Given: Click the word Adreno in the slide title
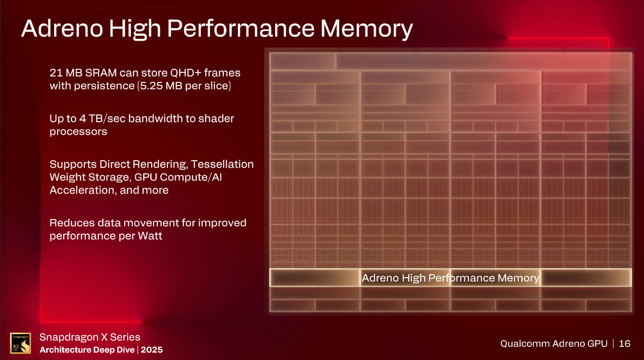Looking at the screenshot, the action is (x=61, y=29).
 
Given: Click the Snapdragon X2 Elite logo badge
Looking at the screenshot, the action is (x=20, y=343).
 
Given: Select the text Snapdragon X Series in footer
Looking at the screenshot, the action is (x=90, y=337).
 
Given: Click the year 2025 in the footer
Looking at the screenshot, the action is (x=152, y=350).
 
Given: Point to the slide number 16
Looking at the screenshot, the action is (x=624, y=344).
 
